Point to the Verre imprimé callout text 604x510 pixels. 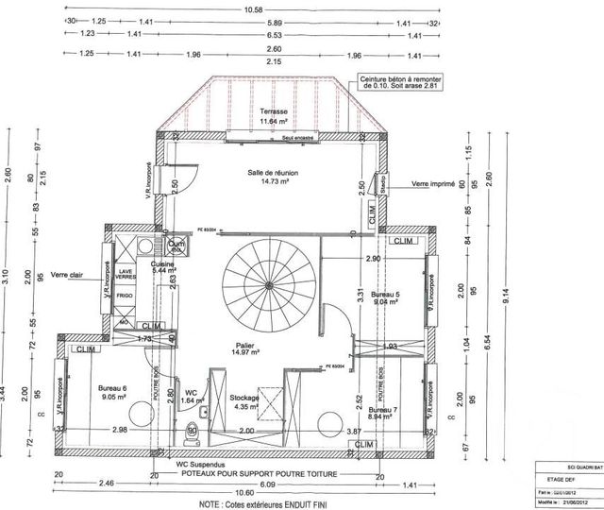click(434, 185)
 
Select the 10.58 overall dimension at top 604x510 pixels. click(253, 8)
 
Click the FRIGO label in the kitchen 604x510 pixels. click(125, 296)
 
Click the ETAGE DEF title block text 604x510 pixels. click(554, 477)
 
